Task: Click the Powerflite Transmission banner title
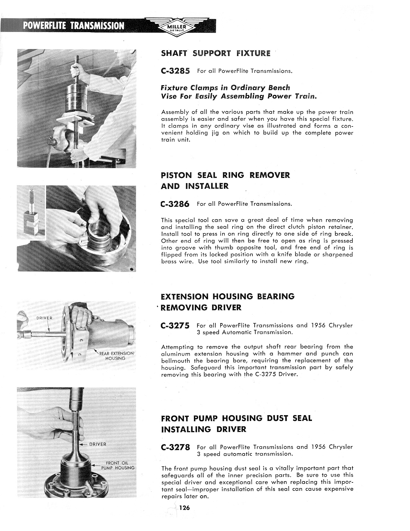pyautogui.click(x=74, y=26)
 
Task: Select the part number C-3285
pyautogui.click(x=175, y=71)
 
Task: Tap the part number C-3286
pyautogui.click(x=175, y=204)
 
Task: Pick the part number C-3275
pyautogui.click(x=175, y=326)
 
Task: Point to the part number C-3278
pyautogui.click(x=175, y=447)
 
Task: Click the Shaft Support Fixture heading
pyautogui.click(x=215, y=53)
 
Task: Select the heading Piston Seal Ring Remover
pyautogui.click(x=225, y=175)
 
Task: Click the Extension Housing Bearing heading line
pyautogui.click(x=227, y=296)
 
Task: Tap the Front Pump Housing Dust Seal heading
pyautogui.click(x=236, y=418)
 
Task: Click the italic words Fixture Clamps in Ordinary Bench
pyautogui.click(x=225, y=88)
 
